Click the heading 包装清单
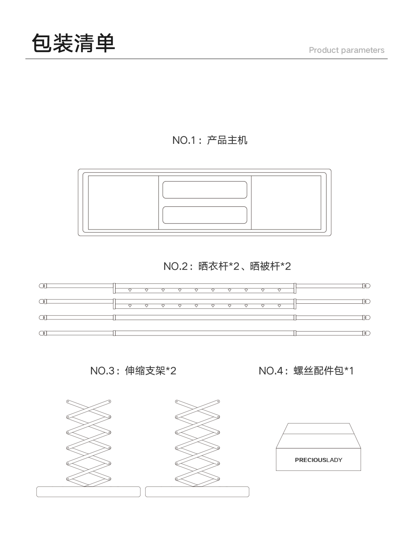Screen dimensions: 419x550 pyautogui.click(x=74, y=43)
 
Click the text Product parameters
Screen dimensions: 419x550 pyautogui.click(x=346, y=50)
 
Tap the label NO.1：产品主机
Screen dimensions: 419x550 pyautogui.click(x=209, y=140)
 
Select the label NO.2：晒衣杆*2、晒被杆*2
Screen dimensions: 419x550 pyautogui.click(x=227, y=266)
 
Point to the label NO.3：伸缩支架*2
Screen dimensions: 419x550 pyautogui.click(x=133, y=371)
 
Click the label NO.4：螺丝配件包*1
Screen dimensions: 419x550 pyautogui.click(x=306, y=371)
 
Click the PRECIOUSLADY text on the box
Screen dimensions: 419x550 pyautogui.click(x=318, y=460)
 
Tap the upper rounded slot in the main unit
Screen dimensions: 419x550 pyautogui.click(x=205, y=190)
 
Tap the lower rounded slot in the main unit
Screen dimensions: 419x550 pyautogui.click(x=205, y=215)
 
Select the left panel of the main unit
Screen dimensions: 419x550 pyautogui.click(x=123, y=203)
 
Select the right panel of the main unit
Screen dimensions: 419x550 pyautogui.click(x=286, y=203)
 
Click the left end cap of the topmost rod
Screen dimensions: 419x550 pyautogui.click(x=41, y=286)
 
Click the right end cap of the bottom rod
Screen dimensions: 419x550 pyautogui.click(x=367, y=333)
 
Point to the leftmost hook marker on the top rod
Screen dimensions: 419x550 pyautogui.click(x=130, y=290)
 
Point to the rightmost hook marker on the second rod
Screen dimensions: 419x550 pyautogui.click(x=279, y=306)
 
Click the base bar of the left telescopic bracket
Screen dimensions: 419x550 pyautogui.click(x=88, y=492)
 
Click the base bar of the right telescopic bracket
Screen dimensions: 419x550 pyautogui.click(x=197, y=492)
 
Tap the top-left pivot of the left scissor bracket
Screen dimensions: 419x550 pyautogui.click(x=68, y=401)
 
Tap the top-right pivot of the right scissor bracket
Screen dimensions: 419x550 pyautogui.click(x=218, y=401)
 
